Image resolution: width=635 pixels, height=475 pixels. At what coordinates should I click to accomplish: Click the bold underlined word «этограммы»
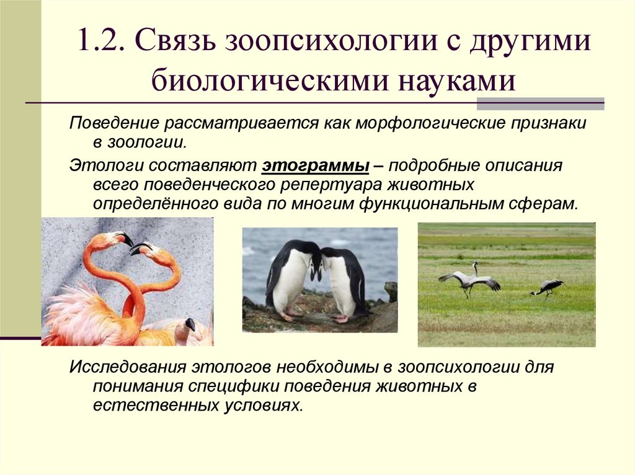click(x=316, y=166)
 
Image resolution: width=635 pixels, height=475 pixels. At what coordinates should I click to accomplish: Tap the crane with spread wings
click(x=469, y=280)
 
